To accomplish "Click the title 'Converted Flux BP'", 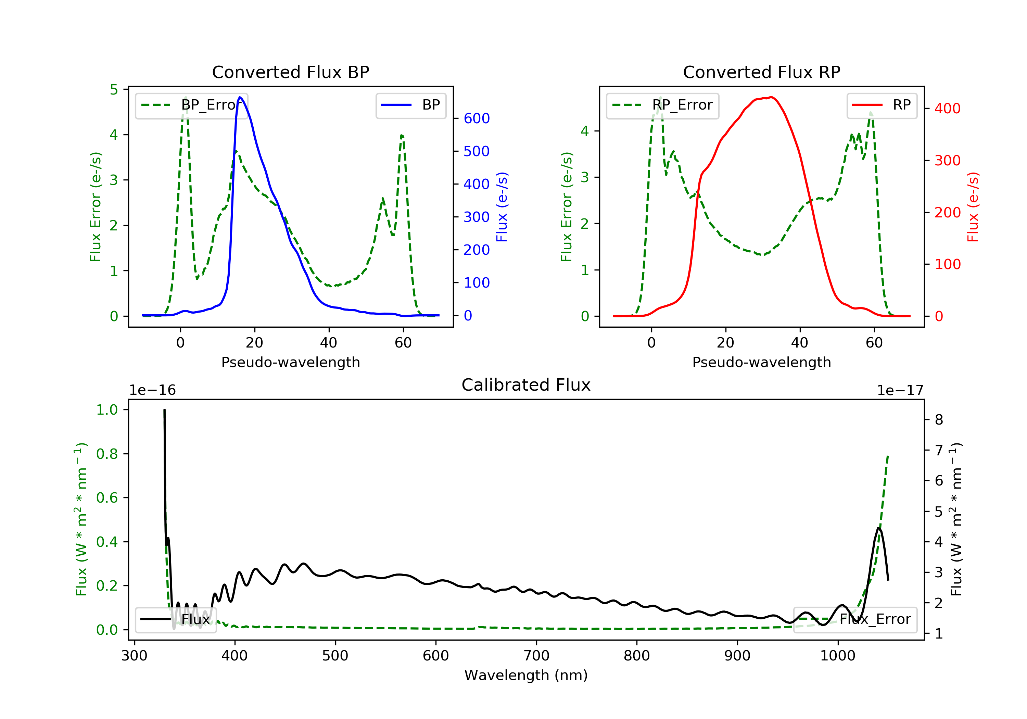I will [290, 72].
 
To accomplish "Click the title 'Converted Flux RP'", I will [761, 72].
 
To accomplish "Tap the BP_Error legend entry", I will [191, 105].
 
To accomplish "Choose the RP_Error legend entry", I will [662, 105].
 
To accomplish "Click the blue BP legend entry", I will [410, 105].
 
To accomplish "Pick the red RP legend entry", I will [882, 105].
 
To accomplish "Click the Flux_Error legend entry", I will [855, 619].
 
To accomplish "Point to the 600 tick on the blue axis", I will [477, 118].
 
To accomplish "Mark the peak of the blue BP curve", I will [240, 97].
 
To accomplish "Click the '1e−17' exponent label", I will [900, 391].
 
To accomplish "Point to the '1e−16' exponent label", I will [153, 391].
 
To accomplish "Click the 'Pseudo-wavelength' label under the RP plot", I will [761, 362].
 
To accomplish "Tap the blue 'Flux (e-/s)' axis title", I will [502, 207].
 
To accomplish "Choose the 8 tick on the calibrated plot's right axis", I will [939, 420].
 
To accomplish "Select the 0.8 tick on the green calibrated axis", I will [106, 454].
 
